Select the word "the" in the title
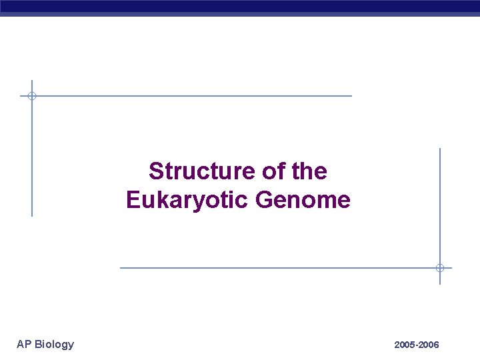point(309,171)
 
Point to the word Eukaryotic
point(187,200)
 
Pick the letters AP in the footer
point(24,344)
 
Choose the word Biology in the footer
point(54,344)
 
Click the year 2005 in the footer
point(404,345)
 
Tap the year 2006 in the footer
point(429,345)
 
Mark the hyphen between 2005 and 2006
point(416,345)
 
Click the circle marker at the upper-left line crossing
point(31,96)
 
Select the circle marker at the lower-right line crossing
point(440,268)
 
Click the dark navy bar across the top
point(240,6)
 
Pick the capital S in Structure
point(155,171)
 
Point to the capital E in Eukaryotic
point(132,200)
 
